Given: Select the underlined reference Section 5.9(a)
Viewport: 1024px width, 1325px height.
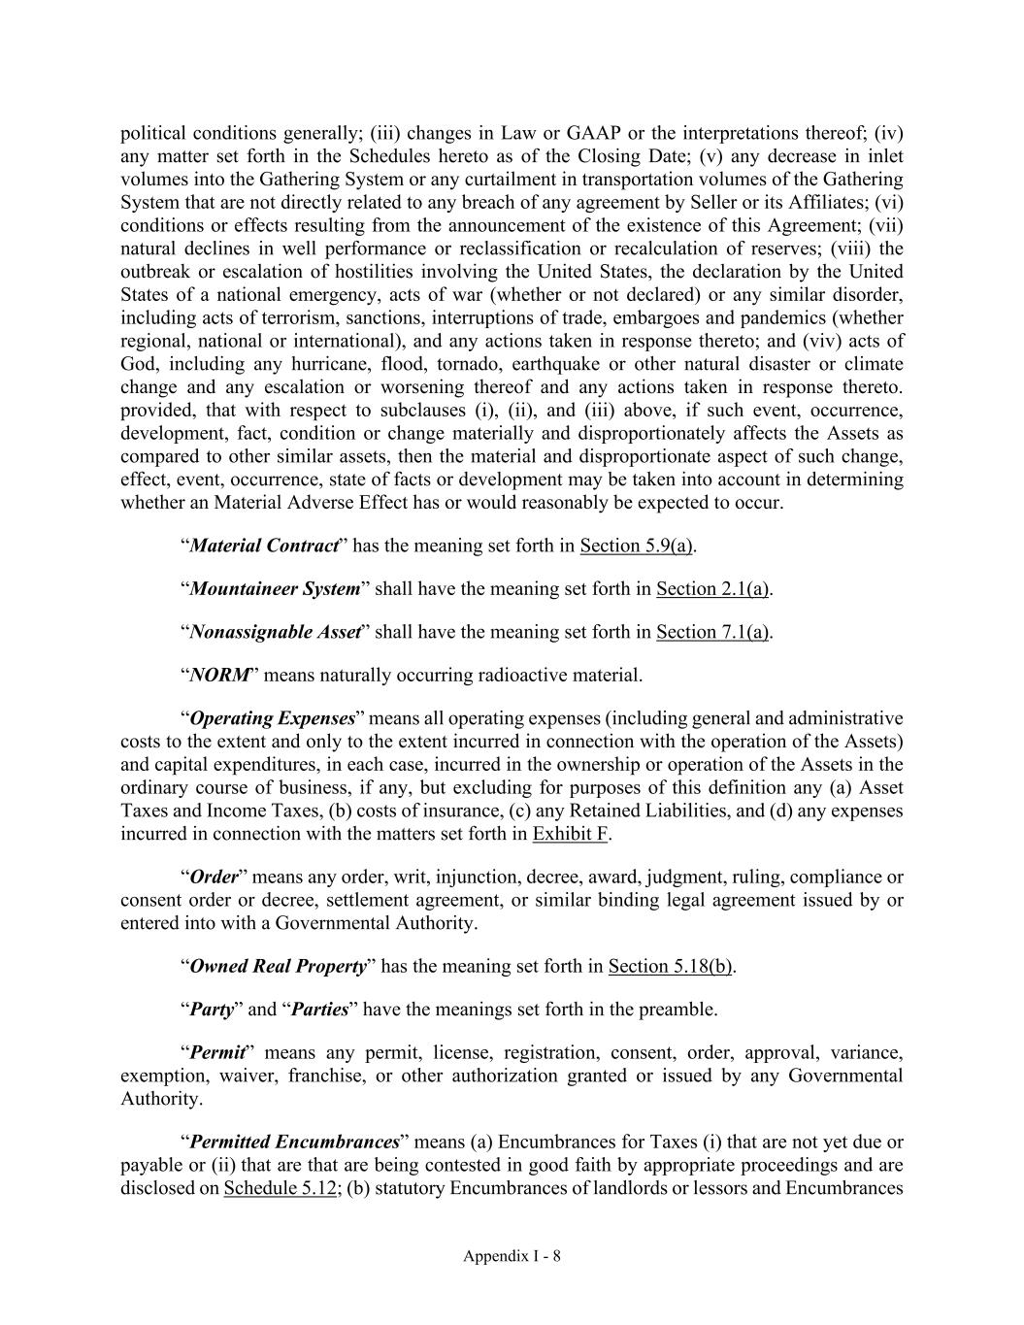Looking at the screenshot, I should point(636,546).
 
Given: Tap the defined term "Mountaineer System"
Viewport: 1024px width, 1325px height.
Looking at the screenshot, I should point(274,589).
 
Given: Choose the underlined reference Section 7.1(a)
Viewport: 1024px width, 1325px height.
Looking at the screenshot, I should point(712,632).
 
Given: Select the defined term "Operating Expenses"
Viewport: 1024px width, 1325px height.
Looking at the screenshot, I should point(272,719).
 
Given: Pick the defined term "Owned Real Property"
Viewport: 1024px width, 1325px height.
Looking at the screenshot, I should point(278,967).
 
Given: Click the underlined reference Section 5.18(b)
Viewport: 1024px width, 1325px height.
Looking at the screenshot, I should point(670,967).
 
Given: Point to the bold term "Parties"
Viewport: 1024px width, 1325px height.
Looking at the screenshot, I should point(320,1010).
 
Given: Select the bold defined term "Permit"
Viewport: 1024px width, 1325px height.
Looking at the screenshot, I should point(216,1053).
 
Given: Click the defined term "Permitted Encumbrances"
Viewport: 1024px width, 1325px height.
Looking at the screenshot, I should point(294,1143).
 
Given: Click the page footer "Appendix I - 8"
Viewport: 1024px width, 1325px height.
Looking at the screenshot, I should point(512,1256).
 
